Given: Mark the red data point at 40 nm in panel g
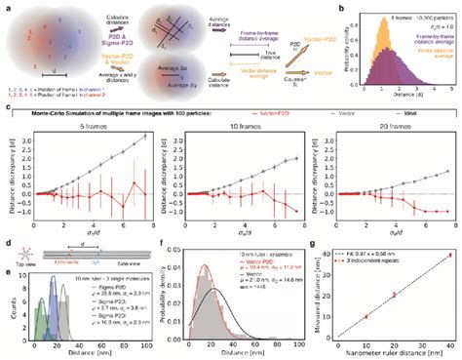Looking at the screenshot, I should coord(449,255).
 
